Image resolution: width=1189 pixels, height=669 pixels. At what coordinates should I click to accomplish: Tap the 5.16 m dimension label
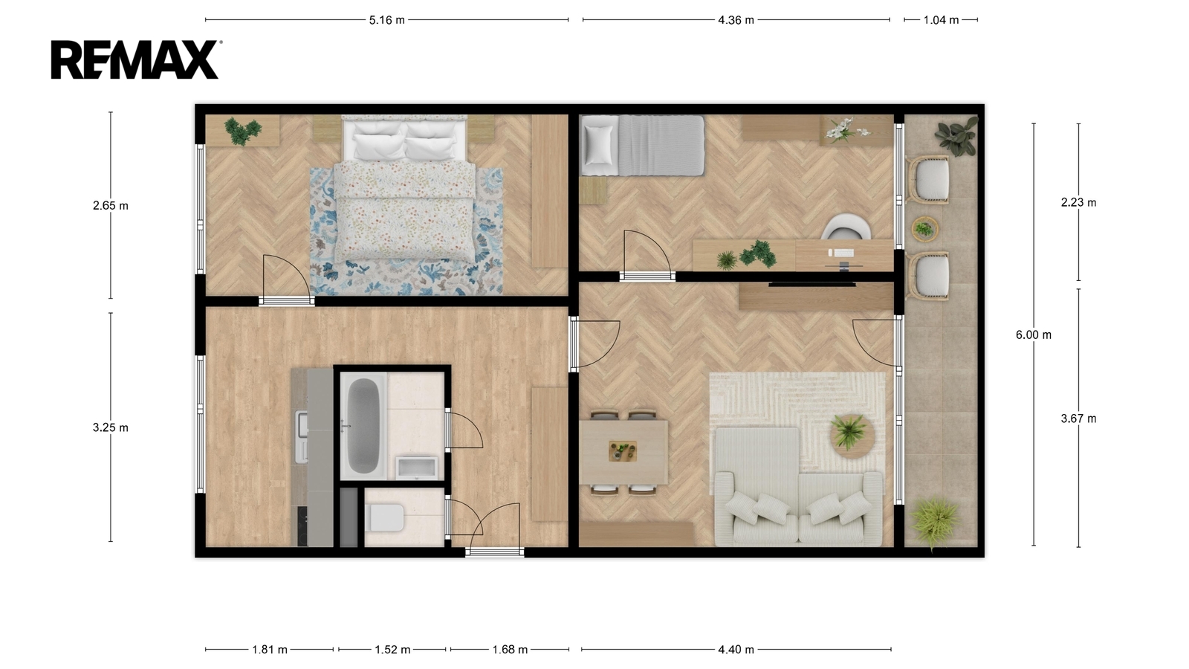pyautogui.click(x=387, y=20)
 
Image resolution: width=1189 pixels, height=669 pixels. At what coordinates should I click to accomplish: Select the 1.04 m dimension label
pyautogui.click(x=941, y=20)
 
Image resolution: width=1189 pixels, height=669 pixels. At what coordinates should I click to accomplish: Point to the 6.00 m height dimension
pyautogui.click(x=1034, y=335)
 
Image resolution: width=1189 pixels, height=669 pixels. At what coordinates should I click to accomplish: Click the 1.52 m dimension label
pyautogui.click(x=393, y=650)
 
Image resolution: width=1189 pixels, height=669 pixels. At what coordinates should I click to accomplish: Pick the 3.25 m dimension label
pyautogui.click(x=111, y=427)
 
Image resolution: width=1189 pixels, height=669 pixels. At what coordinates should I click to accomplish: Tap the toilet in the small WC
pyautogui.click(x=384, y=517)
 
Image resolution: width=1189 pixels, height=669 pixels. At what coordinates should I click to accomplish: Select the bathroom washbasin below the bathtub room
pyautogui.click(x=417, y=468)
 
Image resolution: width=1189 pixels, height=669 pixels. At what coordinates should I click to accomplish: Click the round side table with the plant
pyautogui.click(x=852, y=436)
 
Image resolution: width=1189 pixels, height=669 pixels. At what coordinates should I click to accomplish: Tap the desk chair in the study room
pyautogui.click(x=846, y=227)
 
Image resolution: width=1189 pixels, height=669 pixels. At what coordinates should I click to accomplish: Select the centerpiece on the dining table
pyautogui.click(x=623, y=451)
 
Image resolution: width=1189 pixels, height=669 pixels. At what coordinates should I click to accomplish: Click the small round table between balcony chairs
pyautogui.click(x=924, y=230)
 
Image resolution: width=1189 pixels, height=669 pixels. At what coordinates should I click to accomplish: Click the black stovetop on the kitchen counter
pyautogui.click(x=302, y=526)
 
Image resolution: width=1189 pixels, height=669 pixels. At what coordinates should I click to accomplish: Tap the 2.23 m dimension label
pyautogui.click(x=1078, y=202)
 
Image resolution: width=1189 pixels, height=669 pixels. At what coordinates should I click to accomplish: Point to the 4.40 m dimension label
pyautogui.click(x=736, y=650)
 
